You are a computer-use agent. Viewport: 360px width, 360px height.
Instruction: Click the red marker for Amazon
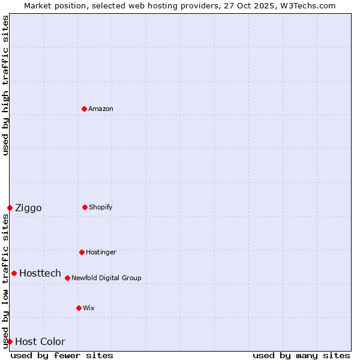point(85,109)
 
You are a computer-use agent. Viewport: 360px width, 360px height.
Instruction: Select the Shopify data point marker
point(85,207)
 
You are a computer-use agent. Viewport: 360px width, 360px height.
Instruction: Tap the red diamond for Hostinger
point(82,252)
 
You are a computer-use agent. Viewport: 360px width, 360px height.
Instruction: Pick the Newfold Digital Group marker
point(67,278)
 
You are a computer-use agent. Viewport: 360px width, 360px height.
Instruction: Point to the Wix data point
point(79,308)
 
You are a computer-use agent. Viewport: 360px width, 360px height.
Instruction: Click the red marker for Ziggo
point(10,208)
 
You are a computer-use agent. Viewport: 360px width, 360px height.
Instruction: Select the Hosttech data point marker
point(14,273)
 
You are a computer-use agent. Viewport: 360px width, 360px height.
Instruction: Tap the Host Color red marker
point(10,341)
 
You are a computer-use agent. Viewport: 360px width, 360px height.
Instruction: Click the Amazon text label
point(101,109)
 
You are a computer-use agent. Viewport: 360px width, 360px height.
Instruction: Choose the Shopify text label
point(101,208)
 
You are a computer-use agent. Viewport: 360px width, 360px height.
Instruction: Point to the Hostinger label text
point(101,253)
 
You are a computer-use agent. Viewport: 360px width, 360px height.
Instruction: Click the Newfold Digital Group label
point(106,278)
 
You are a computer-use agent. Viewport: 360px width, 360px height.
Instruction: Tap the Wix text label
point(89,308)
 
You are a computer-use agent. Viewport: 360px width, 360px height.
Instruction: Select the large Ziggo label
point(28,208)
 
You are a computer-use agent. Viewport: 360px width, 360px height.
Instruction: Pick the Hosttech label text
point(40,274)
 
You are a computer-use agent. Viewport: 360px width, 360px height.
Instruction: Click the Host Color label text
point(40,342)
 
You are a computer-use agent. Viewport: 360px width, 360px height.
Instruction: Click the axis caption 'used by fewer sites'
point(62,355)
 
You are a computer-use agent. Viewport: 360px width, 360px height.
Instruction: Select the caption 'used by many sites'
point(301,355)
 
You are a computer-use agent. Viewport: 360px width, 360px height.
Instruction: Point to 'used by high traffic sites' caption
point(5,85)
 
